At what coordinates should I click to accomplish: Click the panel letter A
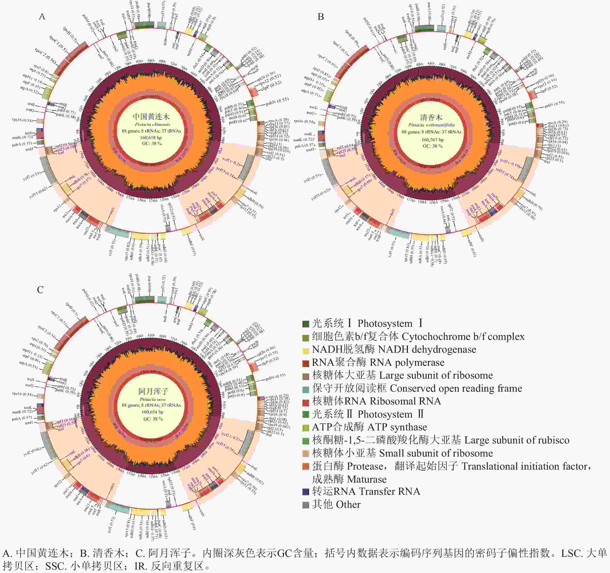pyautogui.click(x=42, y=16)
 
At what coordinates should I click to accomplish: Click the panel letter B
pyautogui.click(x=321, y=16)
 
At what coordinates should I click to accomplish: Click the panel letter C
pyautogui.click(x=40, y=290)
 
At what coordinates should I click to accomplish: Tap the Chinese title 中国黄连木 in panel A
pyautogui.click(x=151, y=117)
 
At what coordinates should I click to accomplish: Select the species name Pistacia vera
pyautogui.click(x=152, y=399)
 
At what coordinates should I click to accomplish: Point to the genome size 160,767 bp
pyautogui.click(x=432, y=140)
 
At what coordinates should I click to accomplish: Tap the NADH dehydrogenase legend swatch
pyautogui.click(x=306, y=350)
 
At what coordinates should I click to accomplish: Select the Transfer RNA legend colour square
pyautogui.click(x=306, y=492)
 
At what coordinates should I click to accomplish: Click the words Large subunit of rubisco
pyautogui.click(x=517, y=440)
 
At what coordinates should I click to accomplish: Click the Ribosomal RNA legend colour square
pyautogui.click(x=306, y=401)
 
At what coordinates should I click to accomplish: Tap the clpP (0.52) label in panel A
pyautogui.click(x=271, y=84)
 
